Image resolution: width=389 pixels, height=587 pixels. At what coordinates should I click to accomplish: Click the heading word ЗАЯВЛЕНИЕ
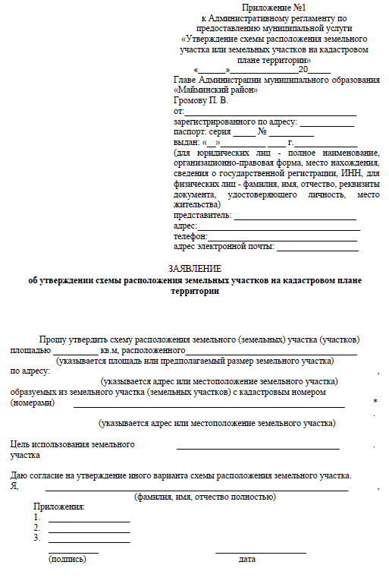194,269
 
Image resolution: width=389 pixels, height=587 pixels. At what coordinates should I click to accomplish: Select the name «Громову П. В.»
200,100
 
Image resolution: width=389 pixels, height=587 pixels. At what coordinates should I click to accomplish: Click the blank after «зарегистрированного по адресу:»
328,122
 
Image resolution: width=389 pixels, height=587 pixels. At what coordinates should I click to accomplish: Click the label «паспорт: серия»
200,131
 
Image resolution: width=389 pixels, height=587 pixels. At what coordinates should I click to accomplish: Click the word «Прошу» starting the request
53,339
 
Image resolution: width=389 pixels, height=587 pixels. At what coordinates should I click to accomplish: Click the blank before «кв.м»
75,352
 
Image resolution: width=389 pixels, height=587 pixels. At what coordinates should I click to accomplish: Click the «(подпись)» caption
67,559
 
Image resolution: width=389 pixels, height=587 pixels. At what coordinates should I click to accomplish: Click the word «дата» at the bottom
247,559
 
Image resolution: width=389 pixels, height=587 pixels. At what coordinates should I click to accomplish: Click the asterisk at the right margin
375,402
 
